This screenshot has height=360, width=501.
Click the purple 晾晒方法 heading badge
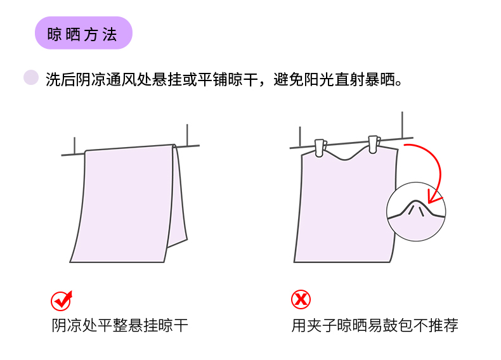(x=83, y=33)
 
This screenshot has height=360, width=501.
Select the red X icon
(x=301, y=299)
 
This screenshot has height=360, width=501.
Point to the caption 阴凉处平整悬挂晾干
(x=120, y=326)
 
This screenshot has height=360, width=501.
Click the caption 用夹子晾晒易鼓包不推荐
(x=375, y=326)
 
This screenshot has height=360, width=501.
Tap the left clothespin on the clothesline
(x=320, y=147)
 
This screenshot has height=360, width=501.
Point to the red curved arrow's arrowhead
(x=433, y=197)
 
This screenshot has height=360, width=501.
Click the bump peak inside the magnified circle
(x=416, y=202)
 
